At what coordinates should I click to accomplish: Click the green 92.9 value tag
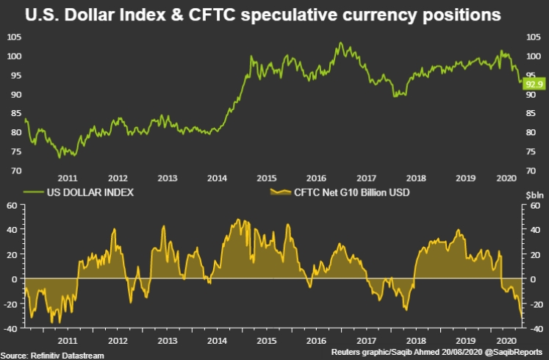click(x=534, y=84)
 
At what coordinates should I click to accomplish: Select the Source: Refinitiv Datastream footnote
click(x=52, y=355)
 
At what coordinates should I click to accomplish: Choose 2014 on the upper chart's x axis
click(x=216, y=178)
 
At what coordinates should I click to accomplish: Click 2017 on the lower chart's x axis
click(x=365, y=342)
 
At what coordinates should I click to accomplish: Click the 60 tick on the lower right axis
click(x=534, y=206)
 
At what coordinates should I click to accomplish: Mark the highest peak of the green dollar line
click(x=340, y=43)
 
